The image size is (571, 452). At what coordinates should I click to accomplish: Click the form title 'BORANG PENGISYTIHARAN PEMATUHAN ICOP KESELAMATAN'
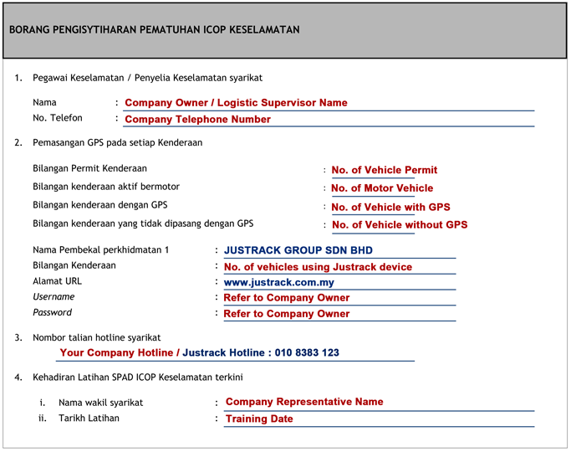pyautogui.click(x=154, y=30)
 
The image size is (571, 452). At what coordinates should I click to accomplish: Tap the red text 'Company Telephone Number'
pyautogui.click(x=197, y=120)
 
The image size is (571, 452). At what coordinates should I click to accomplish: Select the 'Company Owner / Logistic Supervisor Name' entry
pyautogui.click(x=236, y=103)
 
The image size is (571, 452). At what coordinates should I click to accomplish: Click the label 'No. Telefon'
pyautogui.click(x=58, y=118)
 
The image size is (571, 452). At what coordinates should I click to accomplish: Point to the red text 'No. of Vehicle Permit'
pyautogui.click(x=384, y=170)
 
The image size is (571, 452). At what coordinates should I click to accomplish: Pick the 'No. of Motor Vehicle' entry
pyautogui.click(x=382, y=188)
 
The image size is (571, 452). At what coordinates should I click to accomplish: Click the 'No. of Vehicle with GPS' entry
pyautogui.click(x=390, y=207)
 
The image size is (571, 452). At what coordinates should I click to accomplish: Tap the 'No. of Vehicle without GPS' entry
pyautogui.click(x=400, y=225)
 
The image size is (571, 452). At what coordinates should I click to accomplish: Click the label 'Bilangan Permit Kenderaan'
pyautogui.click(x=89, y=168)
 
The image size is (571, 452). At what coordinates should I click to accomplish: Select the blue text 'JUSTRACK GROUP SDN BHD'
pyautogui.click(x=298, y=250)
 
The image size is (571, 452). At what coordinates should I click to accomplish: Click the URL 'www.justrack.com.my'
pyautogui.click(x=279, y=282)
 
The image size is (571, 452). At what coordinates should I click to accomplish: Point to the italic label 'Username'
pyautogui.click(x=54, y=297)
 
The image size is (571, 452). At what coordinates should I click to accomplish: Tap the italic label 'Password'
pyautogui.click(x=52, y=312)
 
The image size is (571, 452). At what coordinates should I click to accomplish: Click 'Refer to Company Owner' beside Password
pyautogui.click(x=287, y=314)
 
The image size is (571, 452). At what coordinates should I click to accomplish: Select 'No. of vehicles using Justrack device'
pyautogui.click(x=318, y=267)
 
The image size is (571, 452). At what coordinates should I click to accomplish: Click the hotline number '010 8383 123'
pyautogui.click(x=307, y=352)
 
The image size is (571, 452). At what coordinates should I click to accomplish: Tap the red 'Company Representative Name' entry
pyautogui.click(x=304, y=402)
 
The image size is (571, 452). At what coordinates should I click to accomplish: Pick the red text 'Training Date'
pyautogui.click(x=259, y=419)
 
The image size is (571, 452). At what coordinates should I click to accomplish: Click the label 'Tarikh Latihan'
pyautogui.click(x=89, y=418)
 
